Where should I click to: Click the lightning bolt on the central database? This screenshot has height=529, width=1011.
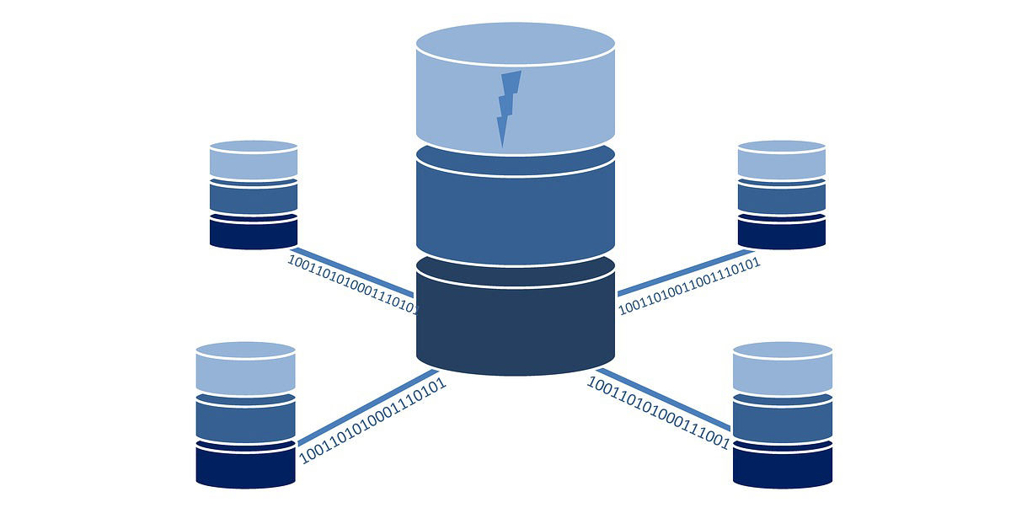507,105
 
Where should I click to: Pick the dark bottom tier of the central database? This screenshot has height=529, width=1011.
515,324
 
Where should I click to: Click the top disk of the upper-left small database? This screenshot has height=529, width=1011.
254,160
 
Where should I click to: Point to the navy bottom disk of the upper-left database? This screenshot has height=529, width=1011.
254,232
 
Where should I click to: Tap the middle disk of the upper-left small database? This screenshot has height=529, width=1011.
254,198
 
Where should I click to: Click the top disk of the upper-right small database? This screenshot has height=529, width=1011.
781,160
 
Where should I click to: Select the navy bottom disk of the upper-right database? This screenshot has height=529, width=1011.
781,232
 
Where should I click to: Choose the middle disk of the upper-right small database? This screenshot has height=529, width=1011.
781,198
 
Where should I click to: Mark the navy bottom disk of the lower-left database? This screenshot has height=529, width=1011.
245,465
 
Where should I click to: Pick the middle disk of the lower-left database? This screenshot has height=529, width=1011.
245,419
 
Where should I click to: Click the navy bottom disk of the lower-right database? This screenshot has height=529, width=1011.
783,465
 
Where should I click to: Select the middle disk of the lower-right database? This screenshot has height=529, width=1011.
783,419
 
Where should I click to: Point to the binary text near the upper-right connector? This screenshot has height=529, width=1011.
689,286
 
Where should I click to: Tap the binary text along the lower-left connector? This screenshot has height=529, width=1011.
372,421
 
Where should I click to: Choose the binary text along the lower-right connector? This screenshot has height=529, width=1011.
657,414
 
